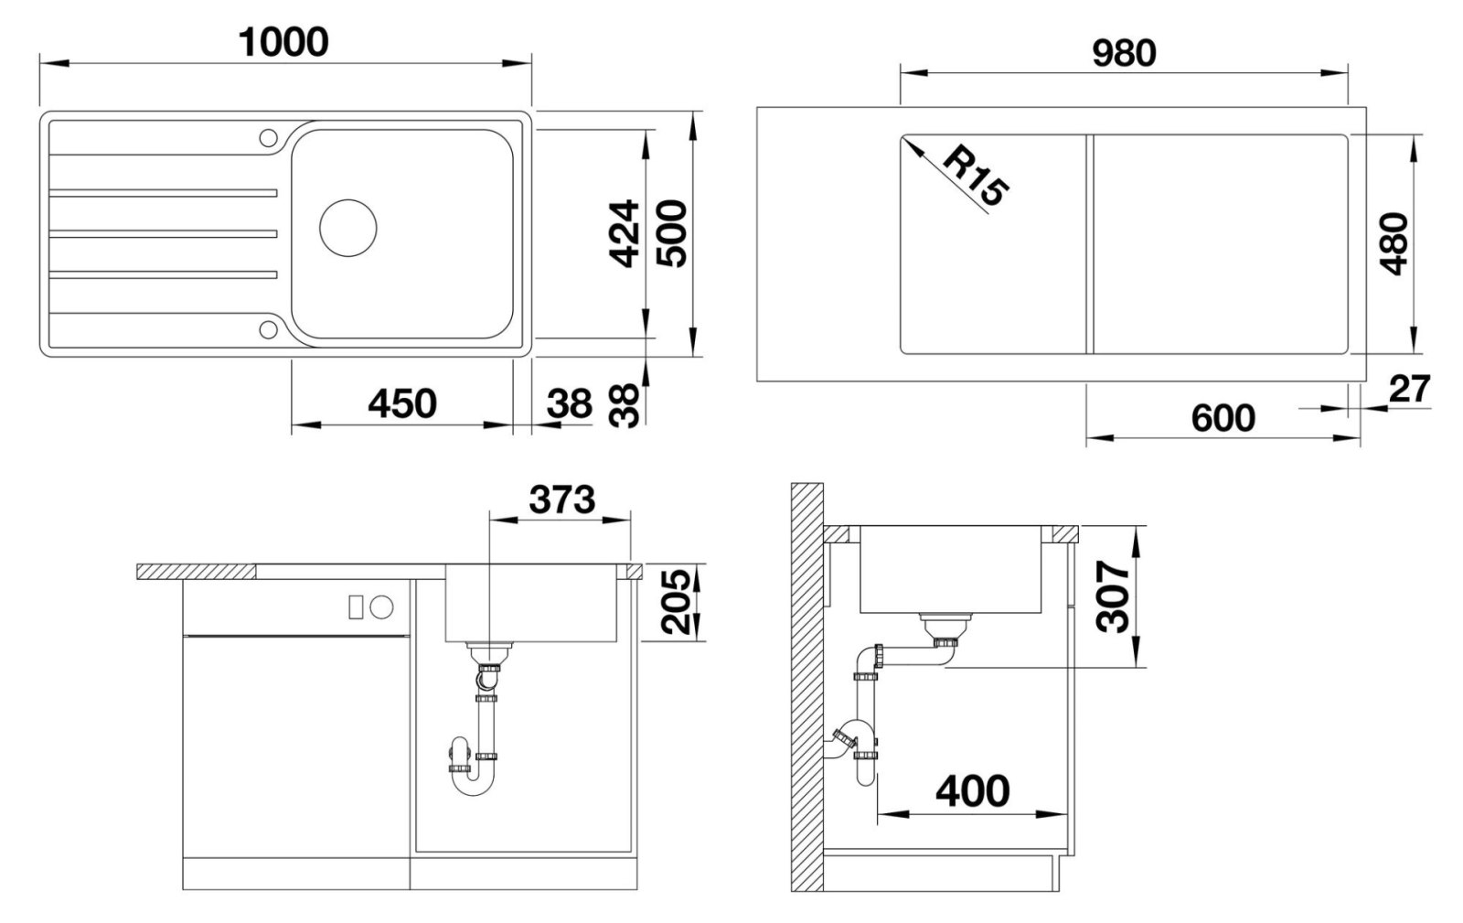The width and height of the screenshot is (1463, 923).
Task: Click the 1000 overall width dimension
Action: pos(283,42)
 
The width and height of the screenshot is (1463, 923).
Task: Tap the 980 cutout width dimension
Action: pos(1124,54)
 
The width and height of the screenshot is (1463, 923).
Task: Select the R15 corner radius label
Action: pos(975,177)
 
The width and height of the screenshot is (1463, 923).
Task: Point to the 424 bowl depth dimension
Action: pos(623,234)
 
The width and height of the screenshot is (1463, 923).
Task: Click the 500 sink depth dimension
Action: pos(671,234)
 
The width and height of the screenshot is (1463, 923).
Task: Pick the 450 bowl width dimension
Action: pos(402,403)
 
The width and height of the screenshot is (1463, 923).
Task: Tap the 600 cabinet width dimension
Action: pos(1223,418)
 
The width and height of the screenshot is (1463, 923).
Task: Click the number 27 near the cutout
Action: pos(1409,390)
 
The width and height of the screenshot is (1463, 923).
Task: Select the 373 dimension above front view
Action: pos(561,499)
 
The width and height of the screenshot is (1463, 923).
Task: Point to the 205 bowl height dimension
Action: pos(676,602)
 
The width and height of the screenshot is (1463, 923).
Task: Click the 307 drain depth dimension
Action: pos(1113,596)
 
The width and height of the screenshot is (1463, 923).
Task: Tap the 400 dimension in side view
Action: pos(973,791)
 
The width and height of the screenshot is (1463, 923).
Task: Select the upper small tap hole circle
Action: pos(269,138)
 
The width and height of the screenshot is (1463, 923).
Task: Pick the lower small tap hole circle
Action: pos(269,329)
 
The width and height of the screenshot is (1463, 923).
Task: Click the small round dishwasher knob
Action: pos(381,607)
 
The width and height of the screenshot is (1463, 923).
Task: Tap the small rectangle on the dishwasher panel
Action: pos(356,607)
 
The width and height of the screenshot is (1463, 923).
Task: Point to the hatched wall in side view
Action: pos(806,687)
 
